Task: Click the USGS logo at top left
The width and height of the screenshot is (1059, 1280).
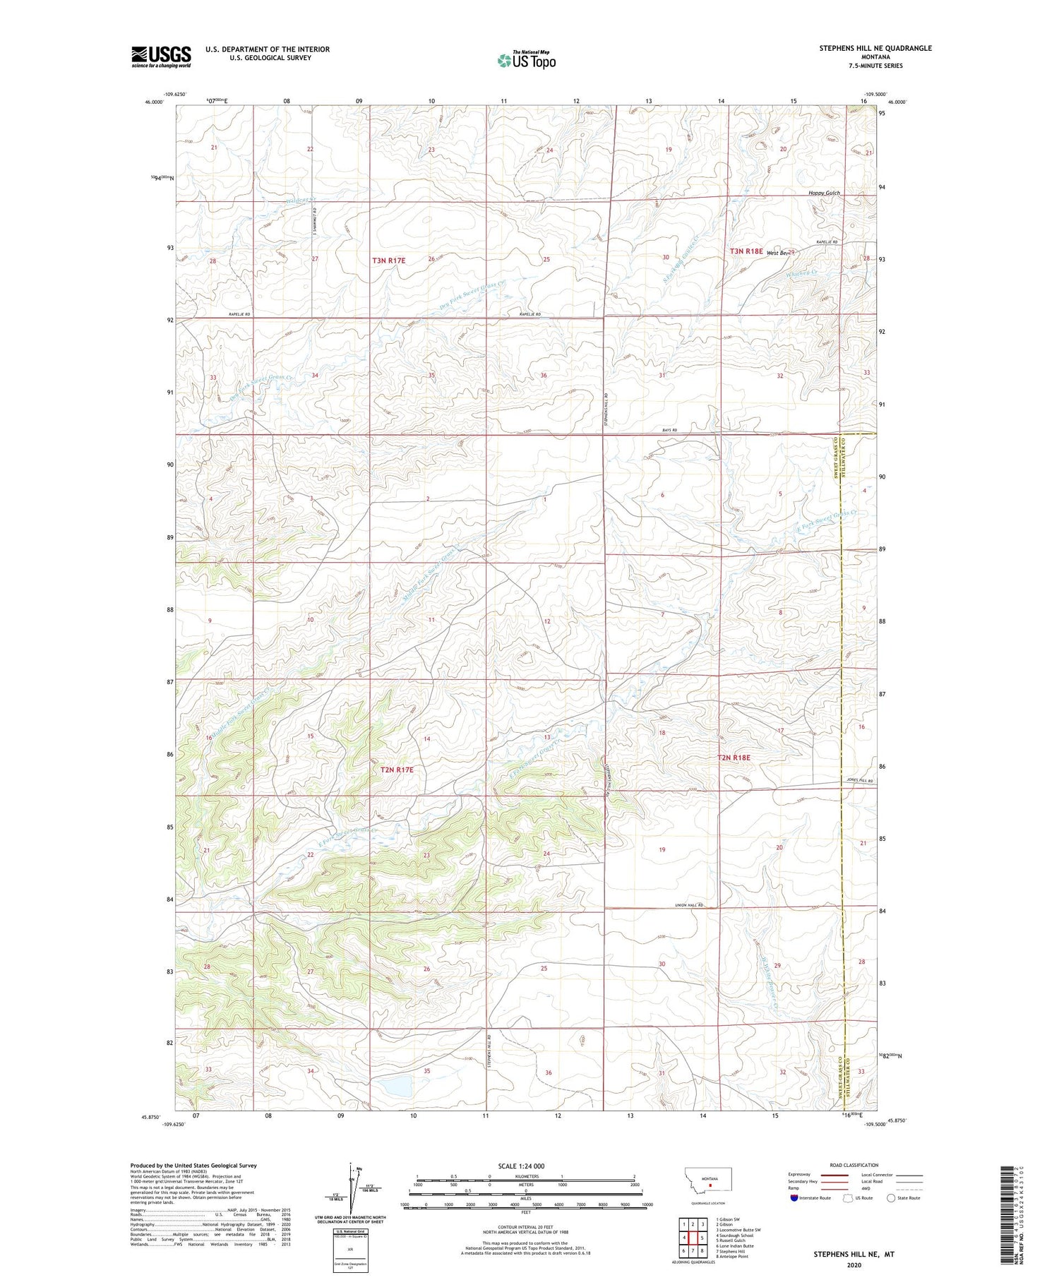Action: [161, 56]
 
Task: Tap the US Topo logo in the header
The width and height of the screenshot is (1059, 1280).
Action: [526, 61]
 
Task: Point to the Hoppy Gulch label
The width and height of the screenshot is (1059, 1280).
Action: [824, 193]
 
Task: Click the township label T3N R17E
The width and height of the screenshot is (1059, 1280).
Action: [389, 261]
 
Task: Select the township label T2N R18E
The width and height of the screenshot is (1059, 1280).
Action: [734, 758]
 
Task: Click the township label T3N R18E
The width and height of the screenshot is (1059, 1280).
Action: [746, 251]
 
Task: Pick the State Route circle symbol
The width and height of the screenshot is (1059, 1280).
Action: [891, 1198]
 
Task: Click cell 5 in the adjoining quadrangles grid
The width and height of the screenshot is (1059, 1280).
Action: [702, 1238]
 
